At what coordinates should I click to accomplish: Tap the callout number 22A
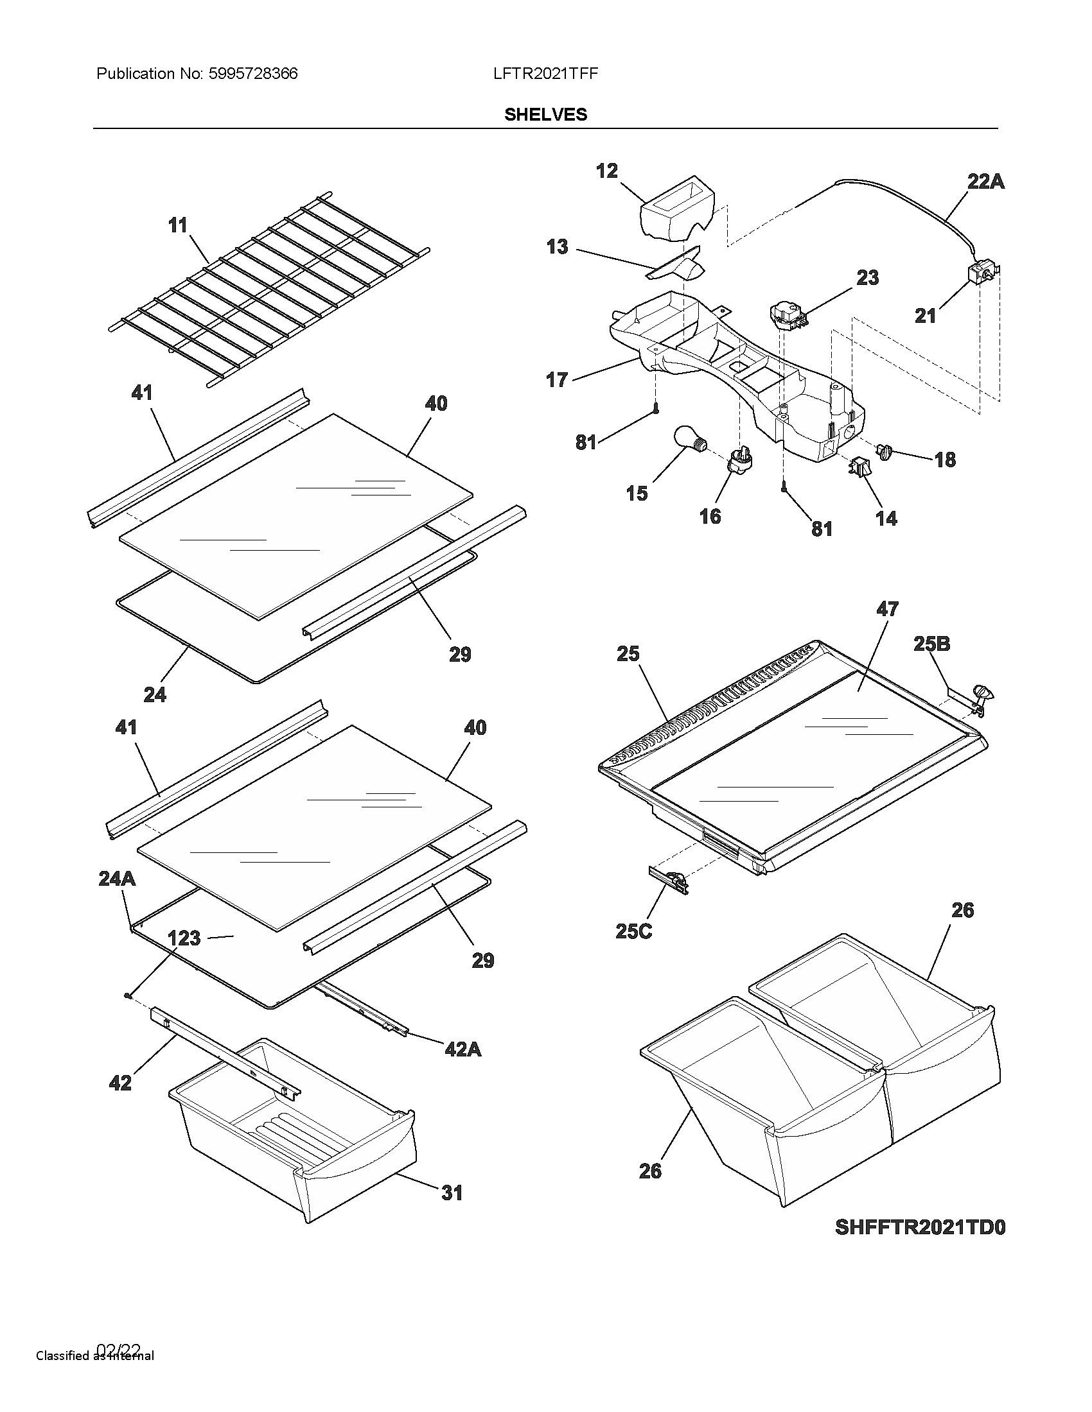click(x=985, y=182)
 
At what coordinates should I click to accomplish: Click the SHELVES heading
click(x=545, y=114)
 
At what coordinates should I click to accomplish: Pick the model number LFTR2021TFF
click(x=545, y=74)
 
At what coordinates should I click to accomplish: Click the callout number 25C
click(x=633, y=932)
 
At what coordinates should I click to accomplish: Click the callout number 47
click(x=887, y=609)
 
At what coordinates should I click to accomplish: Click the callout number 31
click(x=452, y=1193)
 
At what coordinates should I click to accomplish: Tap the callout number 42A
click(x=462, y=1049)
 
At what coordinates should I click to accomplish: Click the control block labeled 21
click(x=979, y=275)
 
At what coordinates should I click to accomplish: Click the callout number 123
click(x=184, y=938)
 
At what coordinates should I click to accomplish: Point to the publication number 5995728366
click(x=252, y=74)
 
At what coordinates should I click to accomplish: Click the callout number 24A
click(x=116, y=879)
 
